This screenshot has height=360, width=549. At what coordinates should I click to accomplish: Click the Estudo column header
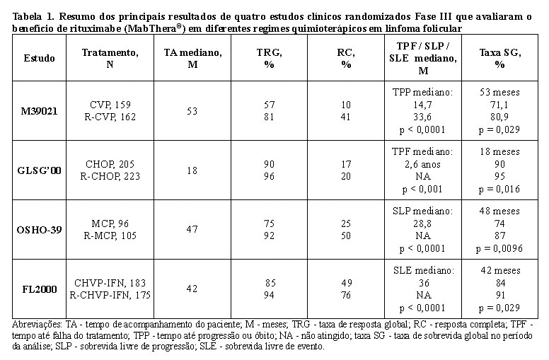coord(39,58)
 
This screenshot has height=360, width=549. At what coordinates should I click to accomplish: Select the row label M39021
coord(39,111)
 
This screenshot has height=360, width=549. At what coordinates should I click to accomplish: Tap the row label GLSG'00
coord(39,170)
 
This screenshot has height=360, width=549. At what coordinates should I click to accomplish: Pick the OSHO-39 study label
coord(39,230)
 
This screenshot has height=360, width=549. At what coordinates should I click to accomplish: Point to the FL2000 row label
coord(39,289)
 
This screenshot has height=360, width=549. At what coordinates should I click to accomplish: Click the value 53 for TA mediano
coord(192,111)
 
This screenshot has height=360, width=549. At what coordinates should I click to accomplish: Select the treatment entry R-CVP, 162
coord(110,117)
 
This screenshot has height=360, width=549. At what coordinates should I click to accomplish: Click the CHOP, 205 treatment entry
coord(110,164)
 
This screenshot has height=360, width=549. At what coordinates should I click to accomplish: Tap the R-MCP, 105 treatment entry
coord(110,236)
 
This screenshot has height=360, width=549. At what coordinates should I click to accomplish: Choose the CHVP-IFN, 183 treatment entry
coord(110,283)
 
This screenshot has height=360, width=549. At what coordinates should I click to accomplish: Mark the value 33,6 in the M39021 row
coord(422,117)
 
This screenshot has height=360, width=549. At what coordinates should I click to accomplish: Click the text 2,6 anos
coord(422,164)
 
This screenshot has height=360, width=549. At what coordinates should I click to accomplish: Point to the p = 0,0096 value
coord(499,249)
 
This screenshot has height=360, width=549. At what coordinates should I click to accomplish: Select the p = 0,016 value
coord(499,189)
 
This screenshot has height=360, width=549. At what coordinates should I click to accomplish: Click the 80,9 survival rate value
coord(499,117)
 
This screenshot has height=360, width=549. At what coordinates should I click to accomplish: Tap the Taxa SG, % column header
coord(499,59)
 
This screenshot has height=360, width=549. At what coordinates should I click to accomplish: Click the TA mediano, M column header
coord(192,59)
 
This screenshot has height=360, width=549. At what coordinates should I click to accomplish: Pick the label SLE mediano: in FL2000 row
coord(423,270)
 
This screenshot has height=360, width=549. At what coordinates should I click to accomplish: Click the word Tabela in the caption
coord(27,16)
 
